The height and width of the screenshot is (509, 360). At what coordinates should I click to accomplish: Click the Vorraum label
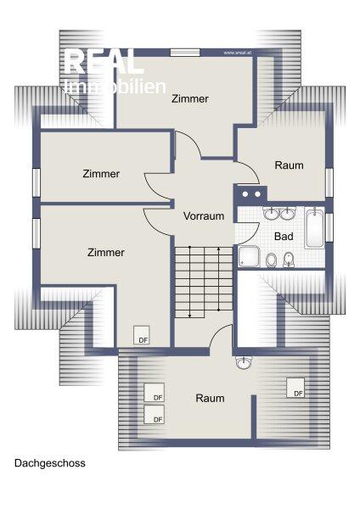tap(204, 215)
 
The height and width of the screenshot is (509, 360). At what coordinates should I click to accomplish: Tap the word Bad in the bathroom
tap(284, 236)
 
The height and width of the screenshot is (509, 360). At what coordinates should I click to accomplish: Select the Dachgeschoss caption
tap(49, 464)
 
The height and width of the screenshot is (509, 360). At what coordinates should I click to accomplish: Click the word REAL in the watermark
tap(104, 62)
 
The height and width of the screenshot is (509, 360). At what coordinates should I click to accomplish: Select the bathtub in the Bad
tap(314, 227)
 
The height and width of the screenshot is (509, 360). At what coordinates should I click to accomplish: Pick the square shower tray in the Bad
tap(250, 257)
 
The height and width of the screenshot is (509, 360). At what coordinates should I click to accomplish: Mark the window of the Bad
tap(329, 227)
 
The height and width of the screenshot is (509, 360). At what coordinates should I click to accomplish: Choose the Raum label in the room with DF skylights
tap(210, 398)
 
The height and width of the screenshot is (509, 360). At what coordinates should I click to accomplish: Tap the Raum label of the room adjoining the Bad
tap(289, 165)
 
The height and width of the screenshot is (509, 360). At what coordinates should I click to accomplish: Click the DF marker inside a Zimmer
tap(141, 336)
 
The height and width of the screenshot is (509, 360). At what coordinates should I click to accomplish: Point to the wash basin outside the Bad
tap(245, 364)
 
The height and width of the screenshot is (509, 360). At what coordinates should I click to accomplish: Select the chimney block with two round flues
tap(249, 193)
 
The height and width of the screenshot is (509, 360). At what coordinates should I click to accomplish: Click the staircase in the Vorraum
tap(203, 280)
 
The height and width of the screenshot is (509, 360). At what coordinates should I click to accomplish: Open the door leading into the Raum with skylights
tap(222, 335)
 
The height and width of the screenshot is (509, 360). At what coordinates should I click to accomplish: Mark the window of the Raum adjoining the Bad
tap(329, 182)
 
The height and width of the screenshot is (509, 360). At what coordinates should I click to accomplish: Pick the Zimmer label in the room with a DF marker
tap(106, 252)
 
